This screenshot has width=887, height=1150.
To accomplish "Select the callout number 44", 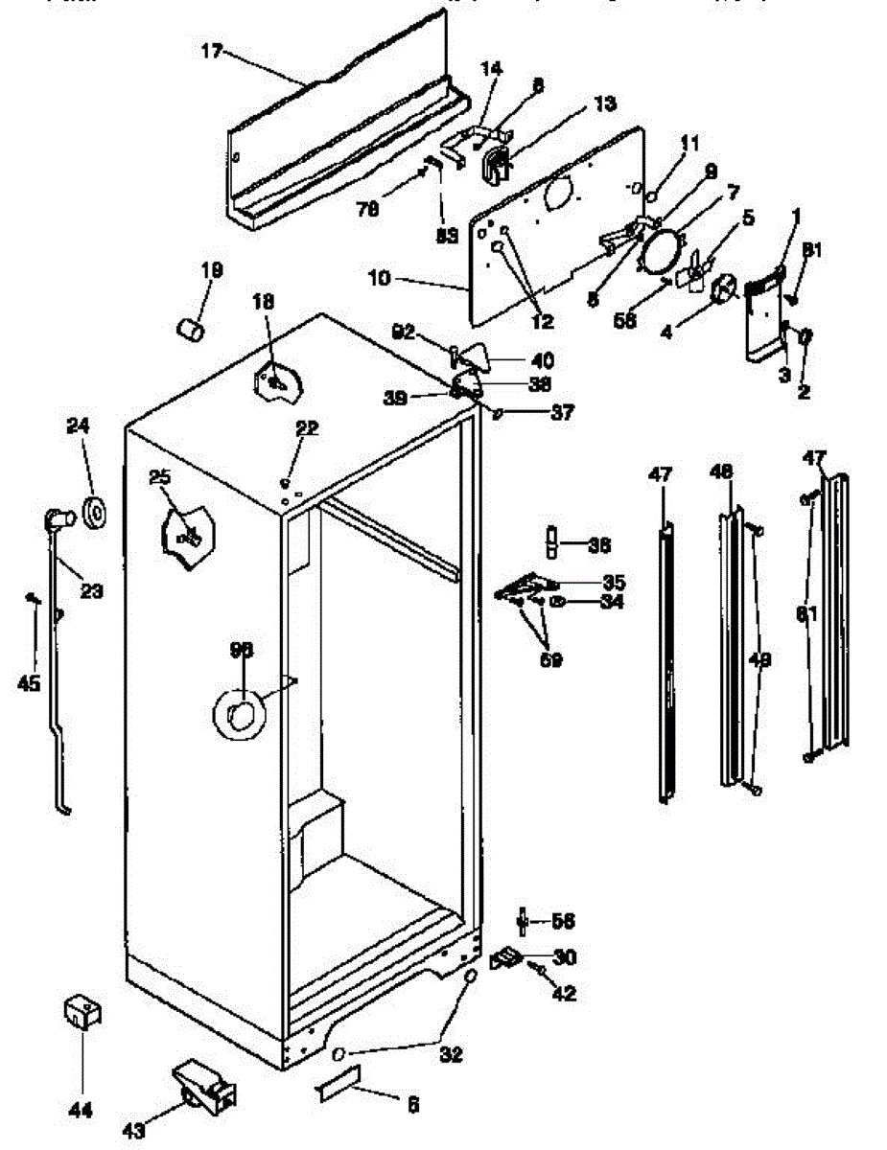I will (81, 1111).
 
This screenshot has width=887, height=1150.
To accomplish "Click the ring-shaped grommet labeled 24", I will (96, 513).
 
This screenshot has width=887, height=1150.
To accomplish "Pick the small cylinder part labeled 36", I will (553, 540).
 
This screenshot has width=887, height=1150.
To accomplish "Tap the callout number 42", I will (565, 994).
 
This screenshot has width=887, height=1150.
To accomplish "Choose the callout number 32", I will (451, 1054).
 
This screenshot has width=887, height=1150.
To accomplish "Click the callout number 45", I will (29, 682).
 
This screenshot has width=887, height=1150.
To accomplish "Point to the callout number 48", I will (722, 472).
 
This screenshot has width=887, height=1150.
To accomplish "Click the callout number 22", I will (307, 428).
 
